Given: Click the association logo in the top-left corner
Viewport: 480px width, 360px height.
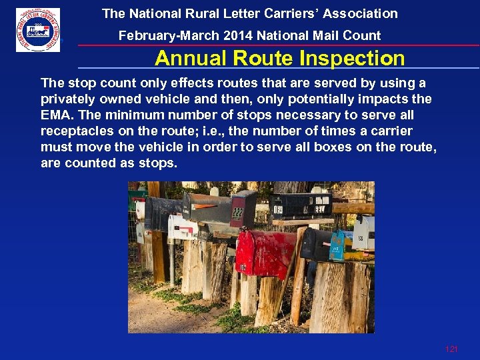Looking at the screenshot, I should pyautogui.click(x=38, y=30).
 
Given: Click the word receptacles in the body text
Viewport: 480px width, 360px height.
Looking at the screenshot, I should pyautogui.click(x=77, y=131).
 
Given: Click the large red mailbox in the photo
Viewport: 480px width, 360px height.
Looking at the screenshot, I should pyautogui.click(x=265, y=253).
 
